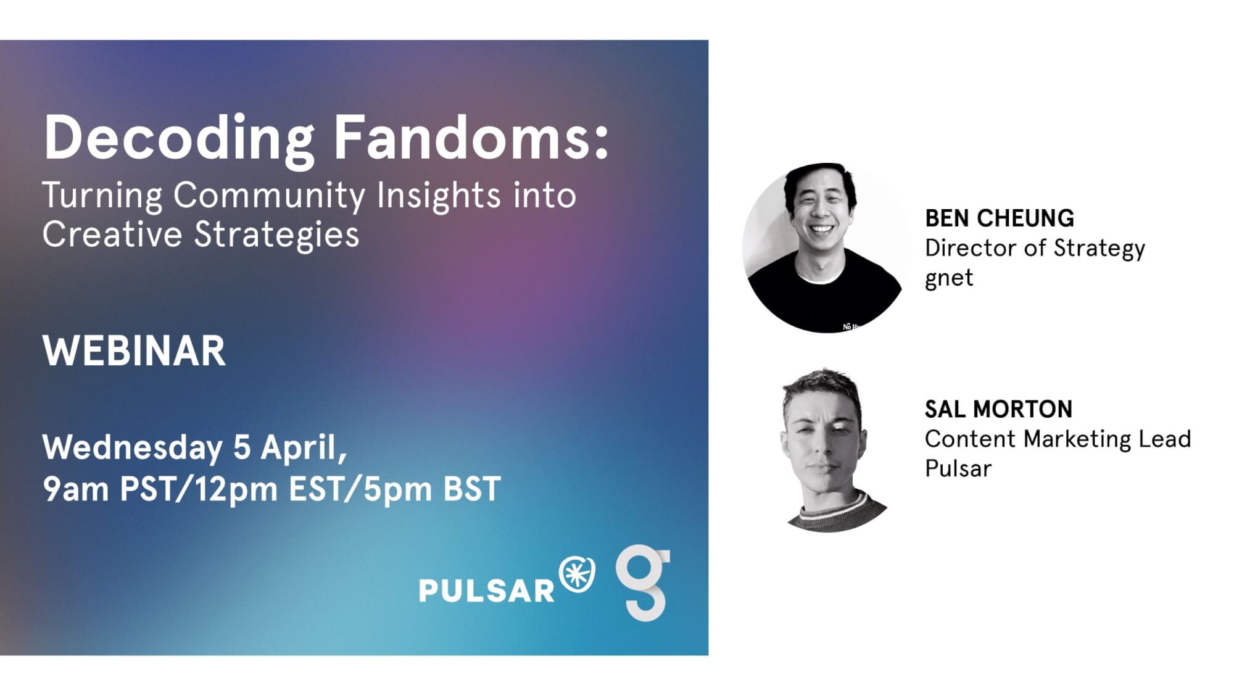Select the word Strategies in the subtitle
click(277, 236)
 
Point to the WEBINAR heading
click(134, 351)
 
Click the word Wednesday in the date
click(133, 448)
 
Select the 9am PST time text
click(110, 489)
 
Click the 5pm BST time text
click(432, 489)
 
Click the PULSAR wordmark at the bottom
click(487, 591)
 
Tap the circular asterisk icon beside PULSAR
click(577, 574)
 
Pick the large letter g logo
click(643, 583)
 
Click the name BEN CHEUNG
click(1000, 218)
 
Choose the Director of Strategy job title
click(1035, 249)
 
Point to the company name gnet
click(949, 278)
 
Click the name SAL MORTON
click(998, 409)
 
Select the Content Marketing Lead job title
click(1058, 439)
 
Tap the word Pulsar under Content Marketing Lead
click(958, 468)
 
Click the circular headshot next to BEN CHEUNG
click(826, 247)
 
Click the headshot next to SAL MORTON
click(830, 450)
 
